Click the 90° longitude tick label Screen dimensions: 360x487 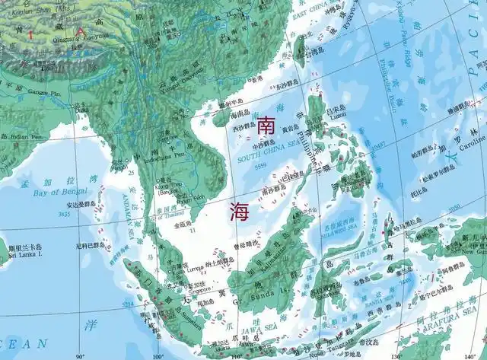[x=79, y=355]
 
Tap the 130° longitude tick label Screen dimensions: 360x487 [x=393, y=355]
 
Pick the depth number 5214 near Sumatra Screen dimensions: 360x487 [x=126, y=304]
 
